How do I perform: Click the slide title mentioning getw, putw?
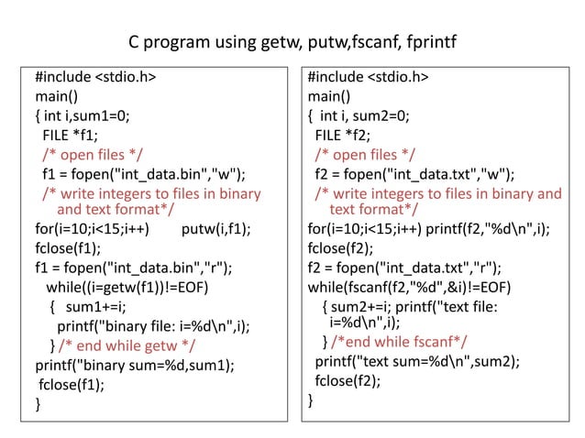coord(292,43)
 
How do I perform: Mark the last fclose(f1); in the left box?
coord(71,384)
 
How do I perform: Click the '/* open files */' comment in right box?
coord(365,154)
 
